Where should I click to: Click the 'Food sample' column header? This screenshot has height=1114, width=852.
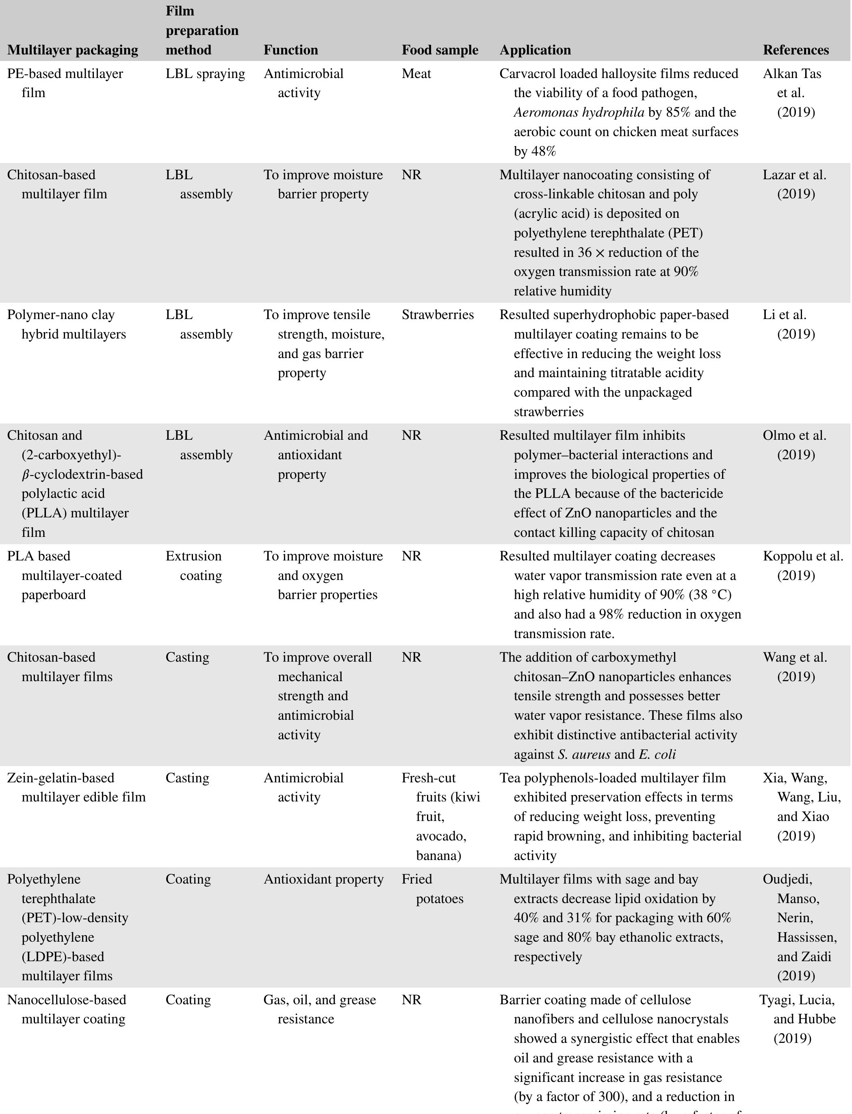tap(440, 50)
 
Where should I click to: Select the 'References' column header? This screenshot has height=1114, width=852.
tap(796, 50)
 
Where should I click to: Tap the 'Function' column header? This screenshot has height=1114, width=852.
tap(291, 50)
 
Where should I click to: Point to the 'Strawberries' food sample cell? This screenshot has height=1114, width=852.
tap(438, 315)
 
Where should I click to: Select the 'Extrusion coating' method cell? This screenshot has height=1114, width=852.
tap(194, 566)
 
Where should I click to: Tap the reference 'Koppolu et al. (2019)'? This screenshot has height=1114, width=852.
tap(802, 566)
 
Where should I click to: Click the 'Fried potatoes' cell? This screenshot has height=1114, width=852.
tap(433, 889)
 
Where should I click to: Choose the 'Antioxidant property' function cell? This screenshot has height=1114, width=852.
tap(323, 879)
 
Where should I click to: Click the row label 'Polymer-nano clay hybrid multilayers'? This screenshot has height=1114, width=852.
tap(67, 324)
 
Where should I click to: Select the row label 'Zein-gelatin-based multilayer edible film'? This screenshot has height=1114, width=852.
tap(76, 787)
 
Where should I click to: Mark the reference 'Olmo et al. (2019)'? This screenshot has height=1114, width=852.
tap(795, 445)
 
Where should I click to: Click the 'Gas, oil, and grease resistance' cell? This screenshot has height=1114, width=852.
tap(319, 1009)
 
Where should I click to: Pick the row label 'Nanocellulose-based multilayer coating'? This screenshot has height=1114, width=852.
tap(67, 1009)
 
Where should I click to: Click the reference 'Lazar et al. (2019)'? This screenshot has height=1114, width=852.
tap(795, 184)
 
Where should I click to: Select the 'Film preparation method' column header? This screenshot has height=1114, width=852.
tap(202, 30)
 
